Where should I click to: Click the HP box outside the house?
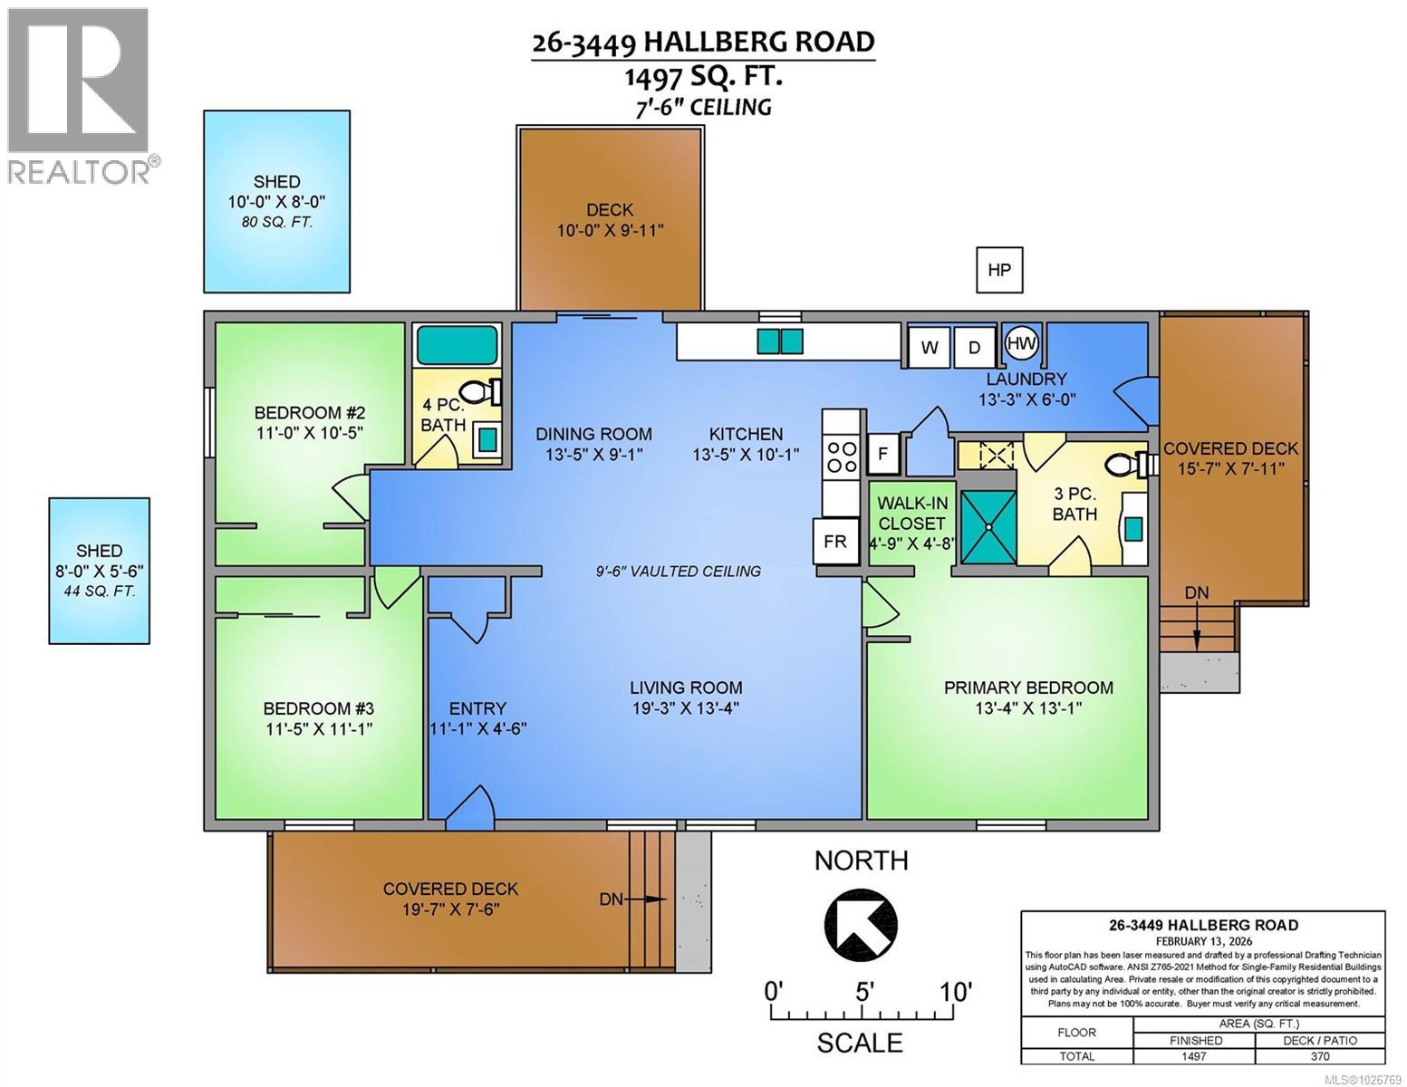(x=998, y=270)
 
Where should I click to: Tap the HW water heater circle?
(x=1022, y=344)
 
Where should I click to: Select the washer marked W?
(x=930, y=348)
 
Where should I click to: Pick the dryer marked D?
(x=975, y=348)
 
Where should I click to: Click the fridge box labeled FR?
(x=834, y=541)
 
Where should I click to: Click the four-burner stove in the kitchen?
(x=841, y=457)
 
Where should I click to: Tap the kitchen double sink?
(x=779, y=341)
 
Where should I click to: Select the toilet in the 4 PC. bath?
(x=481, y=391)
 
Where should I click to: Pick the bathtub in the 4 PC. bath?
(x=457, y=345)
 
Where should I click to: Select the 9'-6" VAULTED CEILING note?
(x=679, y=571)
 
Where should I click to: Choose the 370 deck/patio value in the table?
(x=1319, y=1056)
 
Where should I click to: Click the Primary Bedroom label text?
(x=1028, y=688)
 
